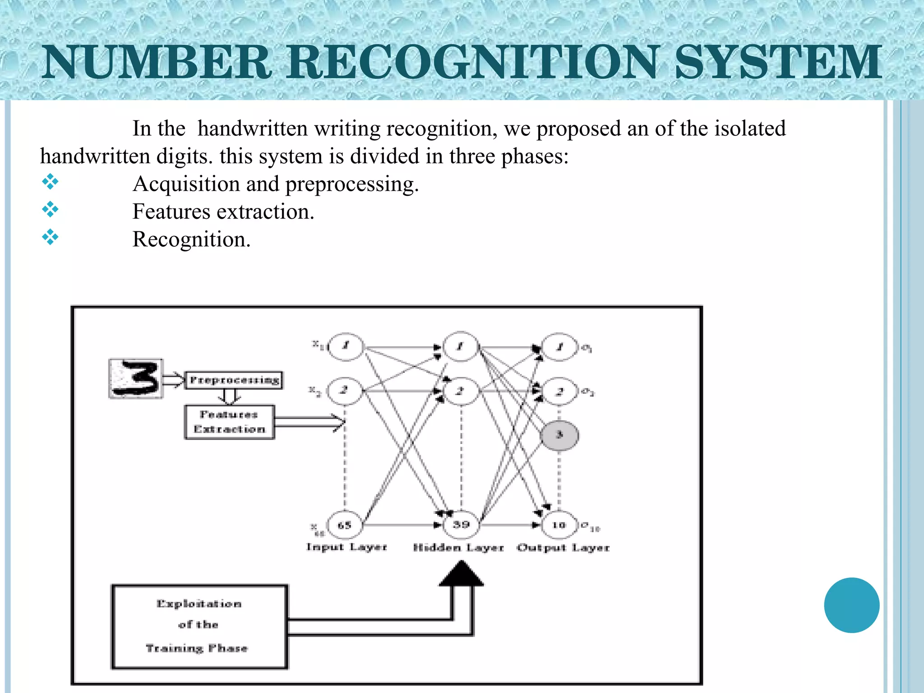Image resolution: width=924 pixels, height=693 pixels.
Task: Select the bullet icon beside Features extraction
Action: point(50,209)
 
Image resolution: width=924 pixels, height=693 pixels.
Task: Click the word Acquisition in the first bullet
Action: point(186,184)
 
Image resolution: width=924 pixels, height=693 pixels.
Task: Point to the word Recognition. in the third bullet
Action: point(191,239)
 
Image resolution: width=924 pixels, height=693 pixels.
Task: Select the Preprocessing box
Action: point(234,380)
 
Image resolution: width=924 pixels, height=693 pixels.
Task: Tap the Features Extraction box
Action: point(229,422)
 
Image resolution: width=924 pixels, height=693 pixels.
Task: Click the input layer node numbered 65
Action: point(345,525)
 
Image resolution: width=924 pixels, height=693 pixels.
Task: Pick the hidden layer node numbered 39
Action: point(461,525)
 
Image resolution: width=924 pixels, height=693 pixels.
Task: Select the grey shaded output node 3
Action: point(559,435)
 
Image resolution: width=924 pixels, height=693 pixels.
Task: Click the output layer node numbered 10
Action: point(559,525)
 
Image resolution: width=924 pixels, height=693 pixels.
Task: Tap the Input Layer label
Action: point(346,547)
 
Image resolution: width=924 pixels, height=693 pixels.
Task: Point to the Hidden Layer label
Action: point(458,548)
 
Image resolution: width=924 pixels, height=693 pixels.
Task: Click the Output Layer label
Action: point(563,548)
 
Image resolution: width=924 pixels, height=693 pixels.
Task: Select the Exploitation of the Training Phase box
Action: point(199,626)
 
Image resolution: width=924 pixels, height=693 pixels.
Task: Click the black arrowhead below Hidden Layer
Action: point(461,574)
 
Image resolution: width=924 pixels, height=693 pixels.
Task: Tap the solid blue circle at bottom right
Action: point(851,605)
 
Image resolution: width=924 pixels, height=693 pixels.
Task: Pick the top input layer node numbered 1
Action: point(346,346)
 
